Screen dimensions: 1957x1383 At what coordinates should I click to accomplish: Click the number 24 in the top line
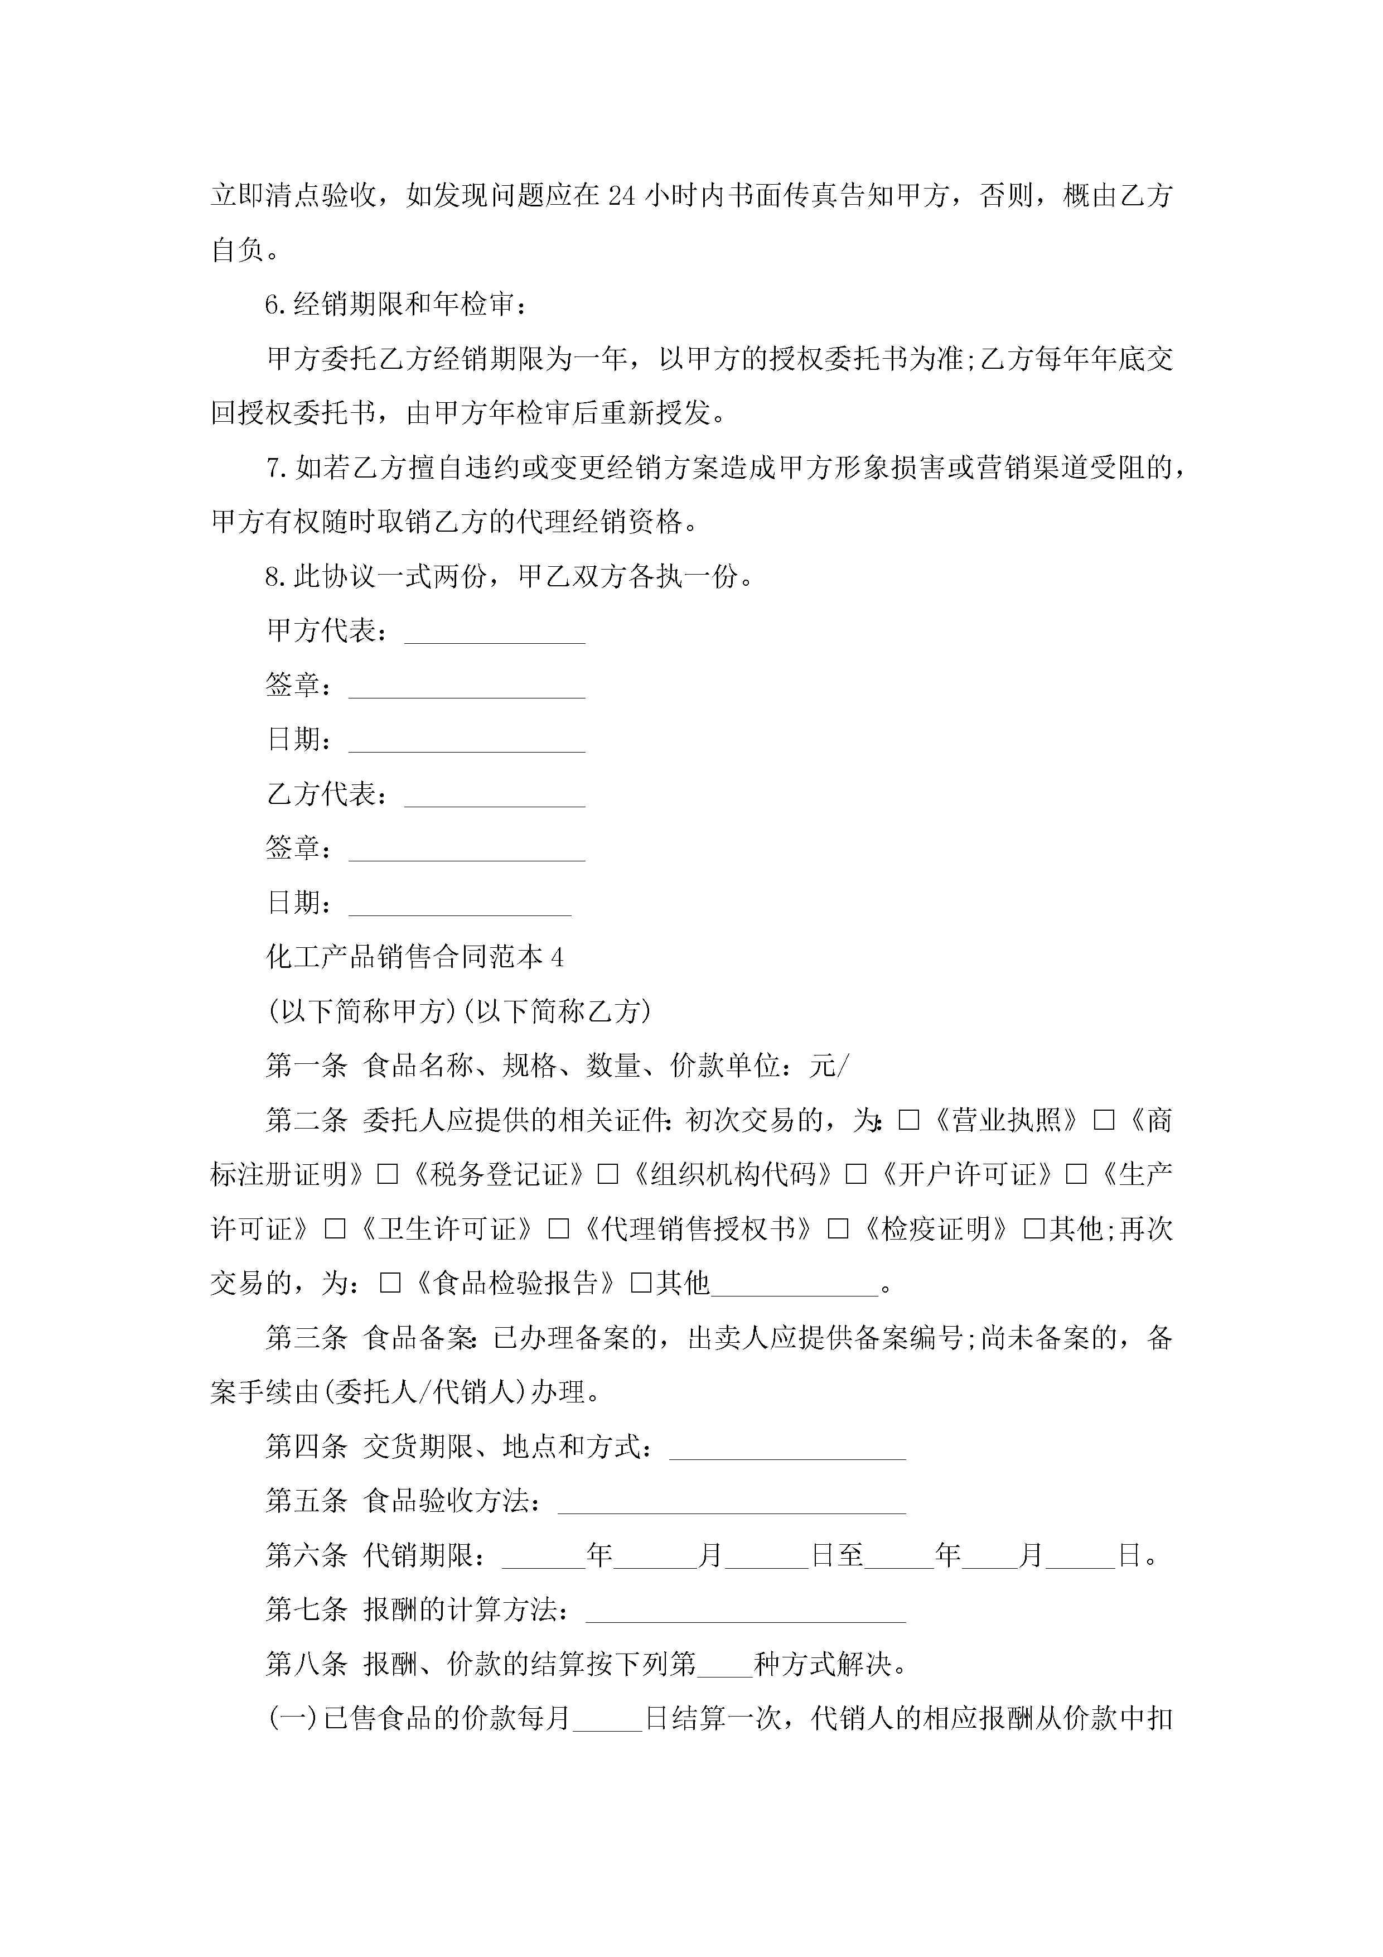click(621, 196)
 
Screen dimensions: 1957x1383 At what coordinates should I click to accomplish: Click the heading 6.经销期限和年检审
click(395, 304)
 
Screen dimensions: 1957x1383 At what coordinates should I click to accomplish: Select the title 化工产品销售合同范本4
click(415, 957)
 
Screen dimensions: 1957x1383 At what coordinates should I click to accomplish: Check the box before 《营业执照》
click(909, 1120)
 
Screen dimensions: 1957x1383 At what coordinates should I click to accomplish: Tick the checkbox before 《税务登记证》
click(388, 1174)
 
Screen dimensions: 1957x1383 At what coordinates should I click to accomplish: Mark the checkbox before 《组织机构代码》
click(607, 1174)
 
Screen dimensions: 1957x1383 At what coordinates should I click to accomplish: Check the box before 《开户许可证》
click(855, 1174)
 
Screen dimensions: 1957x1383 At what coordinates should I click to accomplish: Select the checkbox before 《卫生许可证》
click(335, 1229)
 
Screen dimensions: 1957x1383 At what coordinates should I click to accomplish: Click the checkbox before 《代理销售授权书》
click(559, 1229)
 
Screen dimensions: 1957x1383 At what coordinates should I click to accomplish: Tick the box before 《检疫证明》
click(839, 1229)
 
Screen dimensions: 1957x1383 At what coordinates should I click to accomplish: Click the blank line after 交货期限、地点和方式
click(787, 1447)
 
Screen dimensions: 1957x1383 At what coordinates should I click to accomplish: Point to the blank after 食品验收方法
click(731, 1501)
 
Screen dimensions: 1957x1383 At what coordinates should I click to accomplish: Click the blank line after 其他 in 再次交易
click(794, 1284)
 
